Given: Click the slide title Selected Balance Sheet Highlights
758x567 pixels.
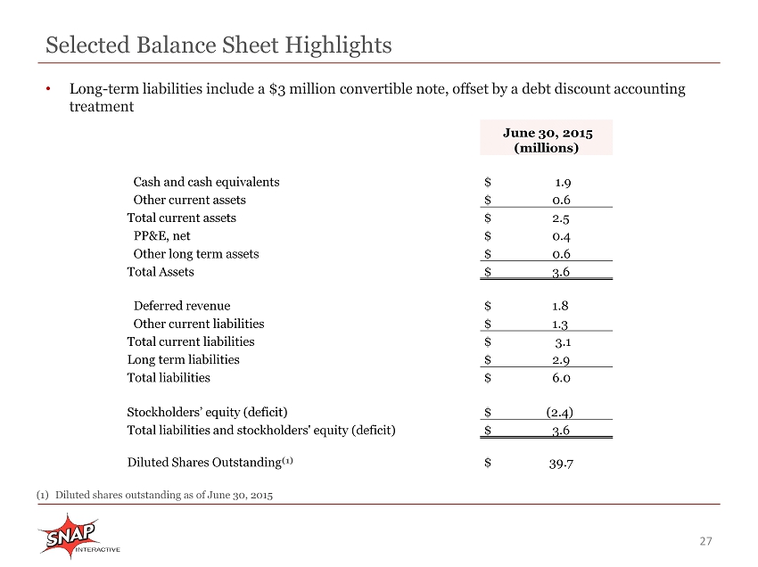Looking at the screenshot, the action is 218,45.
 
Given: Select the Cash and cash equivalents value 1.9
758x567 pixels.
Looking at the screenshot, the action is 563,182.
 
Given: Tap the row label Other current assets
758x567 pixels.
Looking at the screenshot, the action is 189,200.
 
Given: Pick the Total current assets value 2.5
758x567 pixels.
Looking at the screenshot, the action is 561,218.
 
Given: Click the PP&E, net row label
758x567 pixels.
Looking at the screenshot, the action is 162,236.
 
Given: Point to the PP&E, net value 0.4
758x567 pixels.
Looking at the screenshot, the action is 561,236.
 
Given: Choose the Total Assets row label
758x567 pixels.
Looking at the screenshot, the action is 161,272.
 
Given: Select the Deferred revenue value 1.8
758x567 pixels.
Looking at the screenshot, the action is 560,306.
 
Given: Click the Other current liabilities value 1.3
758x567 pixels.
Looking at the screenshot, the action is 560,324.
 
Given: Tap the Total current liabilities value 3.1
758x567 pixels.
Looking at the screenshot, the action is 563,342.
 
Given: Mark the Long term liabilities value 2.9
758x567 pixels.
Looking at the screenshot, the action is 561,360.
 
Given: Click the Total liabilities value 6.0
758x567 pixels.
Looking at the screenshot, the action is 561,378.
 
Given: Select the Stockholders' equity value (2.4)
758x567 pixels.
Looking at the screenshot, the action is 560,412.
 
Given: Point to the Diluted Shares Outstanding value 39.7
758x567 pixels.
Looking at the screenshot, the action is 561,464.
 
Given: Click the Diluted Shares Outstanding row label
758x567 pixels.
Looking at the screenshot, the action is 210,463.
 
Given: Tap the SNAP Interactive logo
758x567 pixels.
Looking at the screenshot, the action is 78,536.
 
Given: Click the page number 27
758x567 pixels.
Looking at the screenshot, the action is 705,541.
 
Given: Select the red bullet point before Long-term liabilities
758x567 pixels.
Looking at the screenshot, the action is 48,89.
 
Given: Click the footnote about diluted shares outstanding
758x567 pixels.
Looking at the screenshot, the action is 154,495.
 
